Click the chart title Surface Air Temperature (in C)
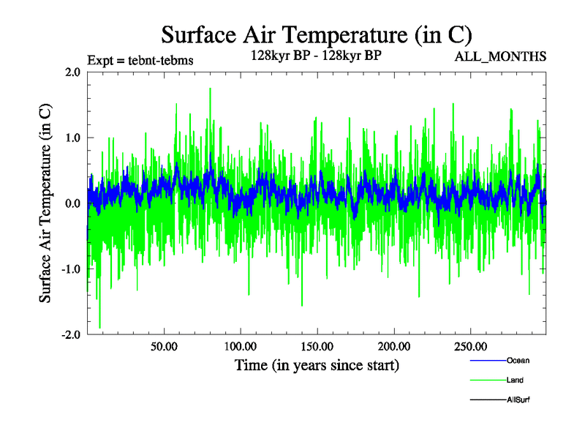[316, 35]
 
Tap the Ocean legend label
[518, 361]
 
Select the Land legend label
[515, 380]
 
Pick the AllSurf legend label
[518, 400]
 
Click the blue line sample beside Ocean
[487, 361]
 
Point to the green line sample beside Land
[487, 380]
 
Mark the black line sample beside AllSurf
[487, 400]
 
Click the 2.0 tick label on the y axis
[73, 72]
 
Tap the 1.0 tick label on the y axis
[73, 138]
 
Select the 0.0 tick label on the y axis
[73, 203]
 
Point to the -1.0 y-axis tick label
[71, 269]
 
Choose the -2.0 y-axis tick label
[71, 335]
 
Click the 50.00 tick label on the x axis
[163, 345]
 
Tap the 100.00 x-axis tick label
[239, 345]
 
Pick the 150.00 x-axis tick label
[316, 345]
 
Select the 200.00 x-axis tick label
[393, 345]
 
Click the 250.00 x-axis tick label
[469, 345]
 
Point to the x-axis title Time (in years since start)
[317, 364]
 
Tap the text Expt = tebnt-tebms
[140, 61]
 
